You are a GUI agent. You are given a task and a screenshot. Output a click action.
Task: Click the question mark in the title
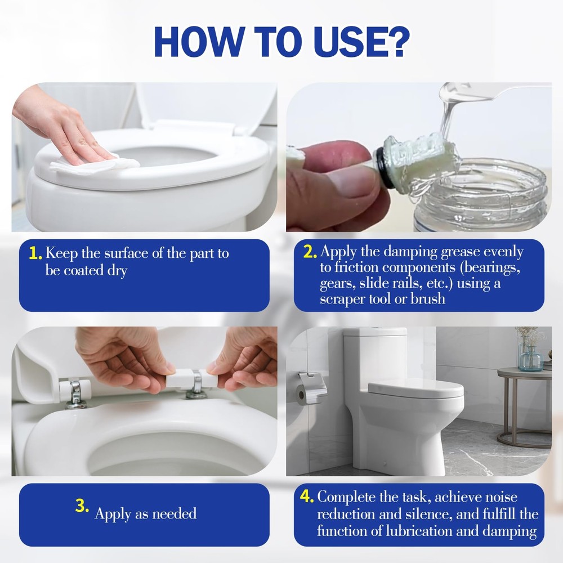click(x=395, y=40)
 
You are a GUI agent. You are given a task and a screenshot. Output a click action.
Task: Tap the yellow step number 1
click(x=35, y=253)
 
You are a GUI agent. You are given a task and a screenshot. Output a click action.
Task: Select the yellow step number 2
click(x=310, y=252)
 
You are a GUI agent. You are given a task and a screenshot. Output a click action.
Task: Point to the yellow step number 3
click(x=82, y=506)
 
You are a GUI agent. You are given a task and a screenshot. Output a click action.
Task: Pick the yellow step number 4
click(x=307, y=497)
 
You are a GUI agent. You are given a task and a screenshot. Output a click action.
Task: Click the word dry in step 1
click(x=118, y=271)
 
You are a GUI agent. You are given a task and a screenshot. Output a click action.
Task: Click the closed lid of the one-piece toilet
click(x=415, y=390)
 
